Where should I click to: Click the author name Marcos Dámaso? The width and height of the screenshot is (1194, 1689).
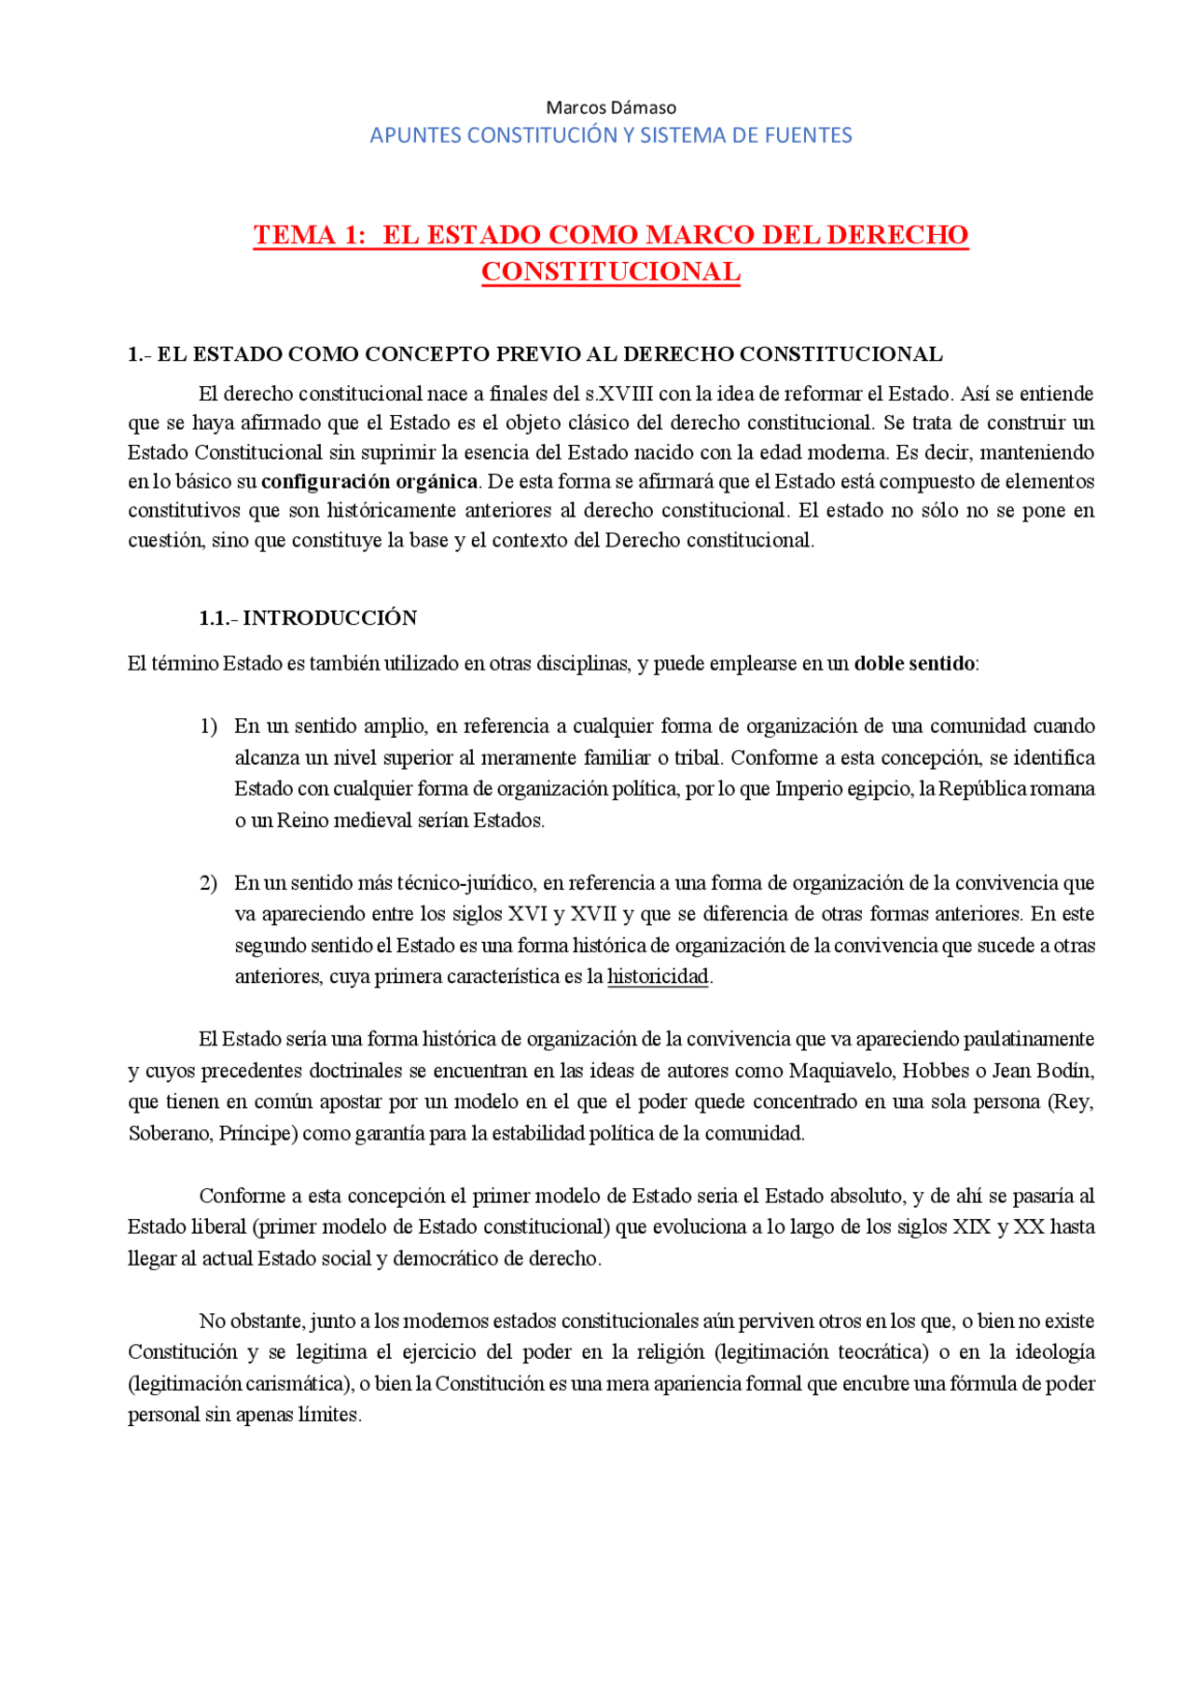click(x=611, y=107)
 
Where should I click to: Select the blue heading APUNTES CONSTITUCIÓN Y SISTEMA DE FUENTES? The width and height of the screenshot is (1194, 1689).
click(x=611, y=135)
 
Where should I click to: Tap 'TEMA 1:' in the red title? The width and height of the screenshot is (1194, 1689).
click(x=310, y=234)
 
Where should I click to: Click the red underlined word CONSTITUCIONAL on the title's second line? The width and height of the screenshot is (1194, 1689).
click(x=611, y=271)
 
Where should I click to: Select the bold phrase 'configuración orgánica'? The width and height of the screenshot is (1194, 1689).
click(x=369, y=481)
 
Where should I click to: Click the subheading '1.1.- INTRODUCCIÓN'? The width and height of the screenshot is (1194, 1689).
click(x=308, y=617)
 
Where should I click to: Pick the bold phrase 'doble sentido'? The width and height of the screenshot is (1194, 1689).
click(x=914, y=663)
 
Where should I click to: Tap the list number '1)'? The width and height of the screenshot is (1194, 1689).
click(x=208, y=726)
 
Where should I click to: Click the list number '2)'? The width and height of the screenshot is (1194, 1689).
click(x=208, y=882)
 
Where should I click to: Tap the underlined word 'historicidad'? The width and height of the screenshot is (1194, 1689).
click(x=658, y=976)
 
